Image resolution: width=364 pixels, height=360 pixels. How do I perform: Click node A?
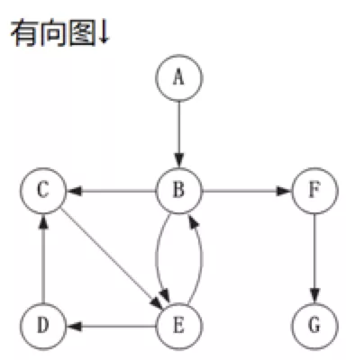[x=179, y=77]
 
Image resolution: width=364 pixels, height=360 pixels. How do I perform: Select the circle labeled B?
[x=179, y=191]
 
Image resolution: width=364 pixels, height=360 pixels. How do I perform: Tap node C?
[x=42, y=191]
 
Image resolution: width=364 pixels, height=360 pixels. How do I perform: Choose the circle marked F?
[x=314, y=191]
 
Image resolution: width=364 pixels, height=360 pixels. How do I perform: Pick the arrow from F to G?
[x=314, y=256]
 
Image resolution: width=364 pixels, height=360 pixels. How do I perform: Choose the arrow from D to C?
[x=42, y=256]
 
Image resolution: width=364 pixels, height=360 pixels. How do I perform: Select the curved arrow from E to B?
[x=201, y=256]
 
